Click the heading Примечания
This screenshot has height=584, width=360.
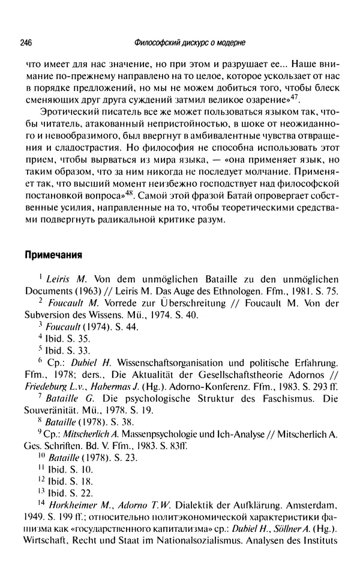pos(53,254)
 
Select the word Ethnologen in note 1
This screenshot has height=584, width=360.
pos(261,292)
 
